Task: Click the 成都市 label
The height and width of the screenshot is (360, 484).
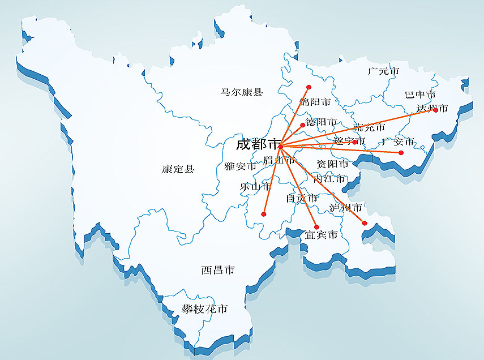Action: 258,144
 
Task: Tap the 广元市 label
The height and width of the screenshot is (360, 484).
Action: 383,72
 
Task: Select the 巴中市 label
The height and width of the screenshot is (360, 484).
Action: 420,95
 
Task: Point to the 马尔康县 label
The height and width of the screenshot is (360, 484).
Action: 242,91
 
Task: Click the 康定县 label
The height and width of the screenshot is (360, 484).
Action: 178,169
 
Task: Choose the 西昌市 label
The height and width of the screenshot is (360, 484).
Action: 217,271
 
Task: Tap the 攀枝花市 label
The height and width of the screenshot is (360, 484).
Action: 204,309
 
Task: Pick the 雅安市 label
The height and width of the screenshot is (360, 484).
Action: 240,166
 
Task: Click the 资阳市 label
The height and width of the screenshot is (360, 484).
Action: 333,164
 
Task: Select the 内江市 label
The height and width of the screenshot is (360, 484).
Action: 329,179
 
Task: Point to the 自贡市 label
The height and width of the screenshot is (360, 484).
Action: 302,198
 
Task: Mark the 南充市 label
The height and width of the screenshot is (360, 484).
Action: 369,128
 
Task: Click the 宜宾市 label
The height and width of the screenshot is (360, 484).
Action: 321,234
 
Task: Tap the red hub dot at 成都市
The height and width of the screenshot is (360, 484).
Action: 280,147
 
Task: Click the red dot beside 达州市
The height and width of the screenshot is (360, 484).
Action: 435,110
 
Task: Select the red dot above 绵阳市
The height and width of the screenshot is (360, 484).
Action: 309,87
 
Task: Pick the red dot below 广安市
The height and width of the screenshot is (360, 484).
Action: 401,153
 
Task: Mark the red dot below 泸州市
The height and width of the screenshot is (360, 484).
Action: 365,223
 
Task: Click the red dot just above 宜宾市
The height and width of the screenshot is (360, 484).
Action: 316,227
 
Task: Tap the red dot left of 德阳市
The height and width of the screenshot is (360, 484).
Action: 302,125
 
